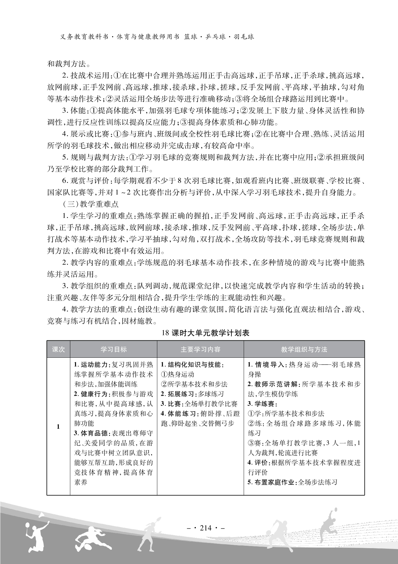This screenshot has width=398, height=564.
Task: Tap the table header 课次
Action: pyautogui.click(x=58, y=349)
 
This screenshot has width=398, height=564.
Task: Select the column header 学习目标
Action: pyautogui.click(x=113, y=349)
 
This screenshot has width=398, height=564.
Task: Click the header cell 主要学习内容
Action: pyautogui.click(x=200, y=349)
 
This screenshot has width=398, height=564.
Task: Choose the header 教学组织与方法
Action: pyautogui.click(x=304, y=349)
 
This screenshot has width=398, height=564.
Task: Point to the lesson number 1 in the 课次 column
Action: pyautogui.click(x=58, y=426)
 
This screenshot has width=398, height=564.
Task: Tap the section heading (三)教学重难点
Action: pyautogui.click(x=91, y=204)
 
